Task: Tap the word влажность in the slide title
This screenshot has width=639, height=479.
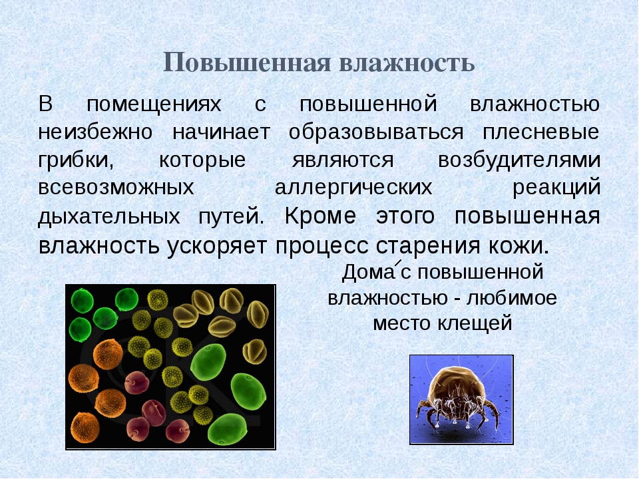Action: point(407,63)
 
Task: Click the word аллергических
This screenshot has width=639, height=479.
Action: point(353,188)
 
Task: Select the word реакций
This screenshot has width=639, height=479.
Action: point(557,188)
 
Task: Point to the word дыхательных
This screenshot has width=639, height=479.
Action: point(109,218)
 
